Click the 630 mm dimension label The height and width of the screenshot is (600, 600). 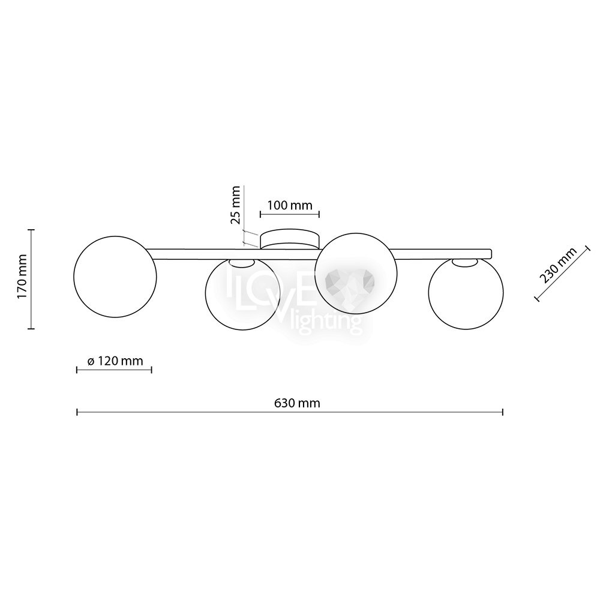pyautogui.click(x=297, y=403)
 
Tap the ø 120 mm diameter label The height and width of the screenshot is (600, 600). pyautogui.click(x=115, y=361)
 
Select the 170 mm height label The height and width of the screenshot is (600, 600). pyautogui.click(x=23, y=276)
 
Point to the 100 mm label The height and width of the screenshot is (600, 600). pyautogui.click(x=290, y=205)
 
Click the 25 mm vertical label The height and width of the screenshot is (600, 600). pyautogui.click(x=235, y=205)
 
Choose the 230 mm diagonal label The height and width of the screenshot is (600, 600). pyautogui.click(x=557, y=265)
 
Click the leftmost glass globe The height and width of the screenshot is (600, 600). pyautogui.click(x=115, y=276)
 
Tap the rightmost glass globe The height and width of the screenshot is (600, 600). pyautogui.click(x=466, y=293)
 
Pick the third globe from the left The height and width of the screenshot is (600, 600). pyautogui.click(x=355, y=273)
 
